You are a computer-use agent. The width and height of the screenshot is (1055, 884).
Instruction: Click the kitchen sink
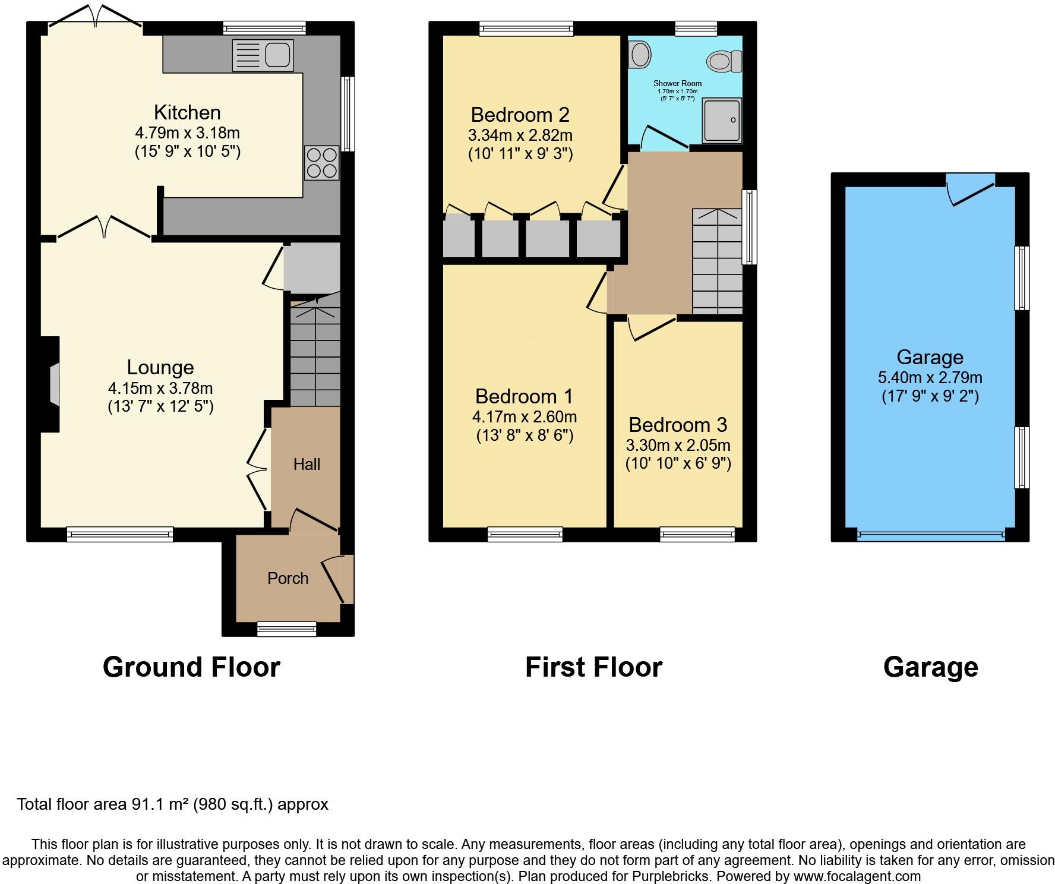263,55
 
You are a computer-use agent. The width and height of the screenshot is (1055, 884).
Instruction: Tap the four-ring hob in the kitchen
321,162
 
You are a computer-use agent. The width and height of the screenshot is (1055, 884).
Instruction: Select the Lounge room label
160,367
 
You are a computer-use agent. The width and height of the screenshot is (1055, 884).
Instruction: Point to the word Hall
307,464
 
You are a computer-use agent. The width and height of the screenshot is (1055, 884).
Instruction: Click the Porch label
288,578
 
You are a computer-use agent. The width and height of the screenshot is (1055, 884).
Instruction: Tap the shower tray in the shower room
722,121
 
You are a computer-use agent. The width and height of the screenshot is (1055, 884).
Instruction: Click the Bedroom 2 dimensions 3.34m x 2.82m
520,135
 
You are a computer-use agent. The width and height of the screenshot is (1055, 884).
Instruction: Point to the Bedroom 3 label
677,425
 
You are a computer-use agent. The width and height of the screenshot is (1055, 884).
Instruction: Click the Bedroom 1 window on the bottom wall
525,534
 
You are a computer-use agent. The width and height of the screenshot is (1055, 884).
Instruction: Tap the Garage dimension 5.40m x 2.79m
930,377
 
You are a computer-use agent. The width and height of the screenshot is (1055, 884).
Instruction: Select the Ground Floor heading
191,667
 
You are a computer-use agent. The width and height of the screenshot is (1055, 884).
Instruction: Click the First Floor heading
593,667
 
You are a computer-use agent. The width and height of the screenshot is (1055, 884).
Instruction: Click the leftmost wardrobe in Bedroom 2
459,236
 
